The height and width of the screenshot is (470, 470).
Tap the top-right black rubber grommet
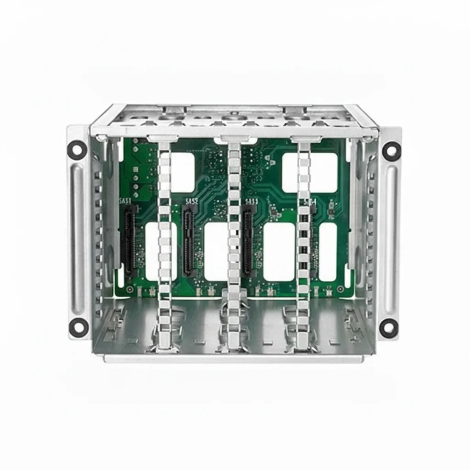coord(392,151)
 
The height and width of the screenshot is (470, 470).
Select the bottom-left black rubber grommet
coord(78,326)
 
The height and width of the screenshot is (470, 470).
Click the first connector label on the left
coord(125,201)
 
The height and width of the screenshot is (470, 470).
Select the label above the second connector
coord(191,201)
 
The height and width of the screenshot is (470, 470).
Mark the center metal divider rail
coord(234,243)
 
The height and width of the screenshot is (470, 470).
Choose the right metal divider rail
coord(302,243)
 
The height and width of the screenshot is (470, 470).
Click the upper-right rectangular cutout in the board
coord(309,172)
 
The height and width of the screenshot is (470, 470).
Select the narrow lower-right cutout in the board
coord(328,252)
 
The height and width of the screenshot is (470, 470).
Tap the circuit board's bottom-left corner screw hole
coord(130,289)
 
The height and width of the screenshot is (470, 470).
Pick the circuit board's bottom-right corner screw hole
coord(340,289)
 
